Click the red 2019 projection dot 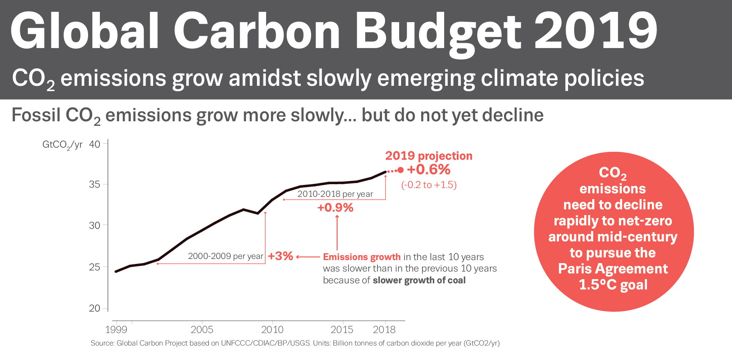(400, 170)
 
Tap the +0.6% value (429, 169)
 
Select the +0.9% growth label (335, 207)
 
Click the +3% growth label (280, 256)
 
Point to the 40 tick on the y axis (95, 144)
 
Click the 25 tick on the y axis (95, 267)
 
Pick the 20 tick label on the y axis (95, 308)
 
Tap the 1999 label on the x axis (116, 329)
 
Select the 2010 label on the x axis (272, 329)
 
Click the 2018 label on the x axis (384, 329)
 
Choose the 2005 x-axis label (202, 329)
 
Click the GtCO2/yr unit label (62, 145)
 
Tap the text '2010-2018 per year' (335, 194)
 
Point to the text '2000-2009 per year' (225, 256)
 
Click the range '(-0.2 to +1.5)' (429, 185)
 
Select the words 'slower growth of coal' (419, 280)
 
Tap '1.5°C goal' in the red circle (613, 284)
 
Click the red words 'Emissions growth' (361, 257)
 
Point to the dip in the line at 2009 (258, 213)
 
